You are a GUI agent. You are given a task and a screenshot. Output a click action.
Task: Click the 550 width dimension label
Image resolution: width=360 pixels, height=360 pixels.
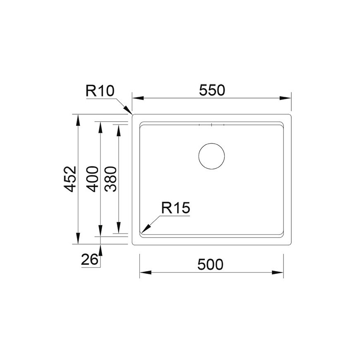(212, 90)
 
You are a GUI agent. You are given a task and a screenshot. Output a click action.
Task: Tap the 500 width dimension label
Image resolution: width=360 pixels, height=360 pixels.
(210, 264)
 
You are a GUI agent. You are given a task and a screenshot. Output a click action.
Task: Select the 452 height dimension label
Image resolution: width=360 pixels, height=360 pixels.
(70, 179)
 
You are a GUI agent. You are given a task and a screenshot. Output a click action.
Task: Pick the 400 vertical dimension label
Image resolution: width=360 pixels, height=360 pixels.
(93, 179)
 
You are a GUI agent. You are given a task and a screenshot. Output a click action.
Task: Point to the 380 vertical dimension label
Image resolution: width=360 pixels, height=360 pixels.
(110, 179)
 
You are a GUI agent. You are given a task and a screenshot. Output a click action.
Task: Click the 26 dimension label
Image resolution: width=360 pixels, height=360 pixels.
(89, 260)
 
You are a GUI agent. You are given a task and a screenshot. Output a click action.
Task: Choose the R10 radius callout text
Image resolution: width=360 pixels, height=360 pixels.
(100, 91)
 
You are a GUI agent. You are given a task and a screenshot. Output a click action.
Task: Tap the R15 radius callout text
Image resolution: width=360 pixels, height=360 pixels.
(175, 208)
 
